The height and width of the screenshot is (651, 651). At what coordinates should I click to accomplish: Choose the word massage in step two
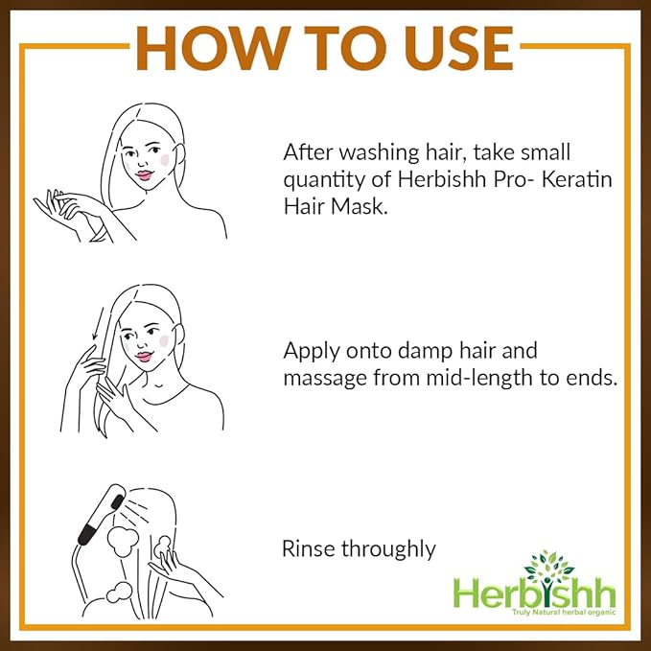click(x=319, y=378)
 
